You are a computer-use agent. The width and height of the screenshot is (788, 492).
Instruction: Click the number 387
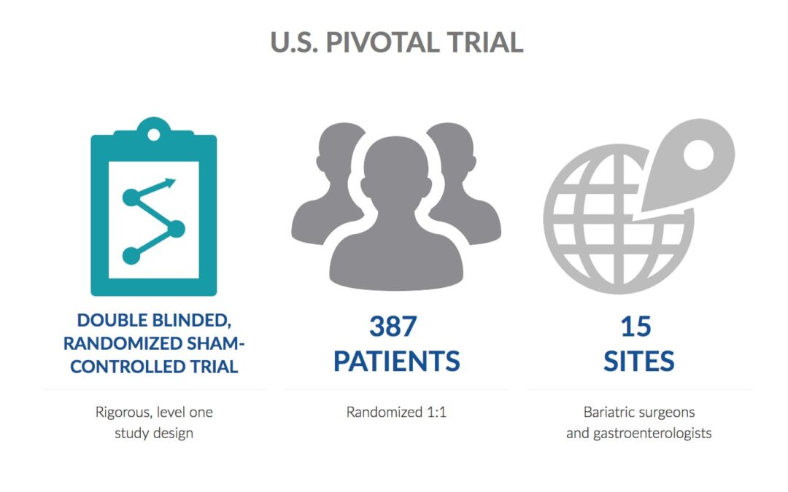click(x=393, y=327)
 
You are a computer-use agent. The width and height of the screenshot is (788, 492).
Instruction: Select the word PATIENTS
click(x=396, y=361)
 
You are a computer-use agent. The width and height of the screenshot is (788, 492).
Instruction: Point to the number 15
click(x=636, y=327)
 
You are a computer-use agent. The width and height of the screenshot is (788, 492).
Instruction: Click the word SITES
click(x=638, y=361)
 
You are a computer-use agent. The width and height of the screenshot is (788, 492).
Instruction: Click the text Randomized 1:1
click(x=396, y=412)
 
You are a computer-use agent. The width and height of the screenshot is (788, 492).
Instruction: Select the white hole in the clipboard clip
click(x=154, y=135)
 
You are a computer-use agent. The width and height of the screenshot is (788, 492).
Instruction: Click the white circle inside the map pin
click(x=698, y=155)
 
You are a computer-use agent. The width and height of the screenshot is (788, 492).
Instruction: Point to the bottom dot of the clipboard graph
click(x=131, y=256)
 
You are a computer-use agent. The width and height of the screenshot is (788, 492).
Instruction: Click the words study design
click(x=154, y=433)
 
